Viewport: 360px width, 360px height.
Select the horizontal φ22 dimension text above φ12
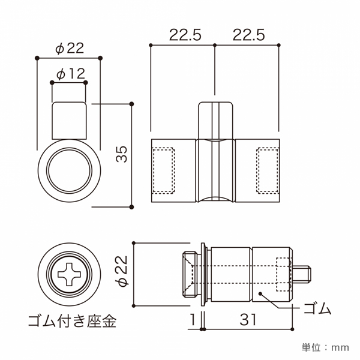coord(68,47)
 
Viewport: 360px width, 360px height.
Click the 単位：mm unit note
coord(325,347)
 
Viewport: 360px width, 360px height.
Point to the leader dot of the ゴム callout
coord(260,293)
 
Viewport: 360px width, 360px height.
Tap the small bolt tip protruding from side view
coord(304,274)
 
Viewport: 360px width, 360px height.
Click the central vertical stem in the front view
coord(215,120)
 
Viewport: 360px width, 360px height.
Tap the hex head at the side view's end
coord(190,275)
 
